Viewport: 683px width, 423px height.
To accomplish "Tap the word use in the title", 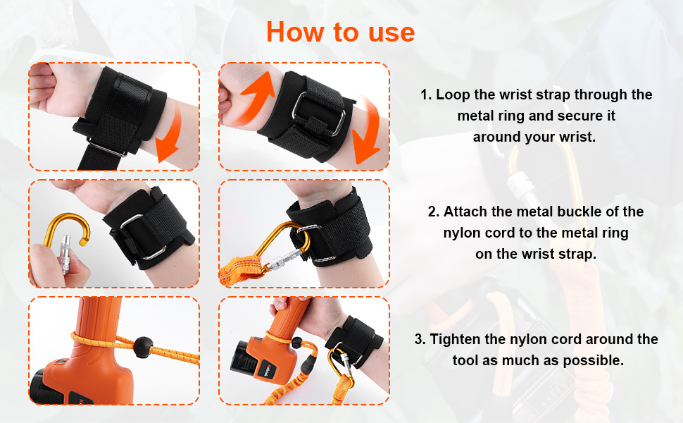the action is point(391,33).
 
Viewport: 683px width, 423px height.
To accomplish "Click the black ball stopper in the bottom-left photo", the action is point(143,347).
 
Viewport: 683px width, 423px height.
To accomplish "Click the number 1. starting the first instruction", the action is point(425,94).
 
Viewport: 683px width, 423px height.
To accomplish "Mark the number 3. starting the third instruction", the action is point(420,339).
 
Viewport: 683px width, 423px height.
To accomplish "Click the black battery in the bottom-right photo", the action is point(245,360).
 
